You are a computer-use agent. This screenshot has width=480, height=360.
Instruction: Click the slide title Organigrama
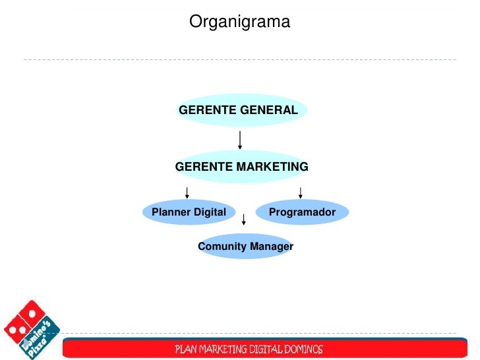click(239, 22)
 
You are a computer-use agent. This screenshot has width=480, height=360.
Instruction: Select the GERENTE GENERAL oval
click(239, 110)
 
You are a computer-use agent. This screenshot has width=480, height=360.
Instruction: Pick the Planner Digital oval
click(189, 212)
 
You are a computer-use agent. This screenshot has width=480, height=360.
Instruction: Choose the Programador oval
click(302, 212)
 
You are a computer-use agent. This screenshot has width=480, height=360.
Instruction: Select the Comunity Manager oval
click(245, 247)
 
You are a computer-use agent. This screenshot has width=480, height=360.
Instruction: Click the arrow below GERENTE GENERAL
click(240, 140)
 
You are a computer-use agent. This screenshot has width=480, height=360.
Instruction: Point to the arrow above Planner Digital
click(188, 192)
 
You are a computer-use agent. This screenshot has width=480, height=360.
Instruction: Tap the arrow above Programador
click(301, 192)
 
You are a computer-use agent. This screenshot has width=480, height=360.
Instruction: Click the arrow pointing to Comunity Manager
click(244, 219)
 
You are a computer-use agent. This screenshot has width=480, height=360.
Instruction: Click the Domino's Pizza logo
click(31, 330)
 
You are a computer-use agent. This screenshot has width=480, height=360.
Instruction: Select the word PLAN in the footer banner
click(186, 349)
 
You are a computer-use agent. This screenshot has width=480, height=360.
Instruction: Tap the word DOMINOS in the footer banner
click(301, 349)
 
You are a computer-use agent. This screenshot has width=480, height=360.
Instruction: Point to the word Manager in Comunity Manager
click(271, 247)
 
